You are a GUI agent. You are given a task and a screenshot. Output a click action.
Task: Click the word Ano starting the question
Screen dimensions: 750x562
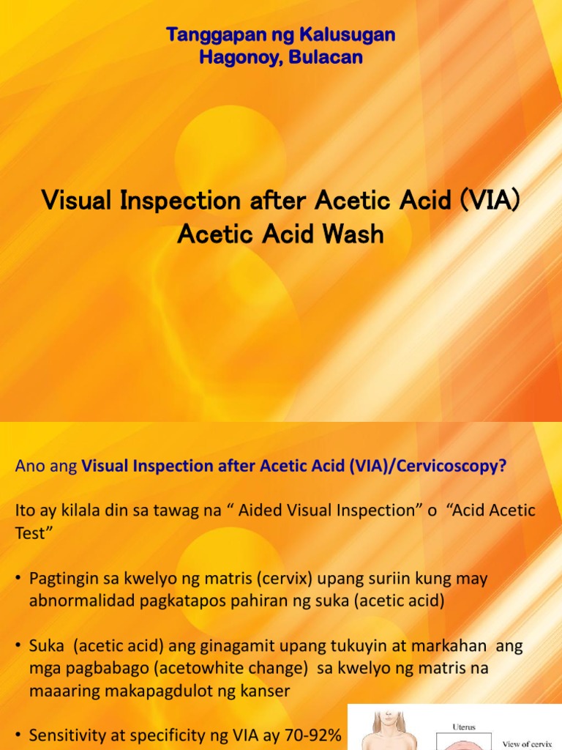click(27, 467)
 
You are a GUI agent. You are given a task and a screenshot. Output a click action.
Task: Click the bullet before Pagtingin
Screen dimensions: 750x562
click(18, 579)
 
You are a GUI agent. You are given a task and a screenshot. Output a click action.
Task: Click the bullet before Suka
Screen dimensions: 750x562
click(18, 646)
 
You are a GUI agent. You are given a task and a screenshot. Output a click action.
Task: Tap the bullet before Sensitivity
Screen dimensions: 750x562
click(18, 735)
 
